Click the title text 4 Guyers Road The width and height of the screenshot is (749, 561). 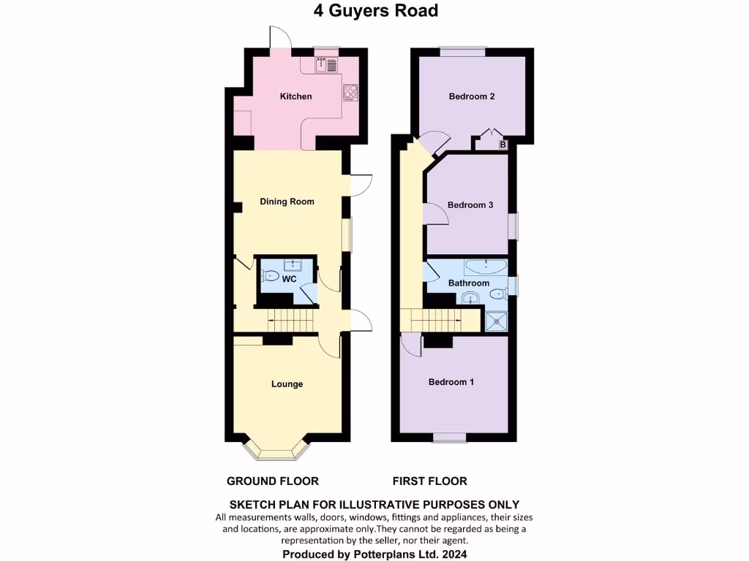coord(375,11)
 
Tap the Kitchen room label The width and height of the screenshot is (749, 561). coord(296,96)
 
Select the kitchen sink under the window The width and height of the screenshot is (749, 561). coord(326,65)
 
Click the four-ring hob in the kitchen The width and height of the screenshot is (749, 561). coord(350,93)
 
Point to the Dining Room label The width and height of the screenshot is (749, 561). coord(287,202)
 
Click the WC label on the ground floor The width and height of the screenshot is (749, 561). coord(289,279)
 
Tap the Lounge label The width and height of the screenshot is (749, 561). coord(287,384)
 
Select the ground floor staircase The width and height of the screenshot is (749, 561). coord(290,318)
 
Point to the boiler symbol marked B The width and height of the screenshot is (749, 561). coord(503,145)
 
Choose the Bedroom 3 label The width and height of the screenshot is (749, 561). coord(470,205)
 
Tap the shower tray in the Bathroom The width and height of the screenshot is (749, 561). coord(498,319)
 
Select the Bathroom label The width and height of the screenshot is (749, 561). coord(469,283)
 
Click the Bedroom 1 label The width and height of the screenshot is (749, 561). coord(451,382)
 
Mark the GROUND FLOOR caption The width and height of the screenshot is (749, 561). coord(272,481)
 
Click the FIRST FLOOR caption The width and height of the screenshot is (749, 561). coord(429,481)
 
